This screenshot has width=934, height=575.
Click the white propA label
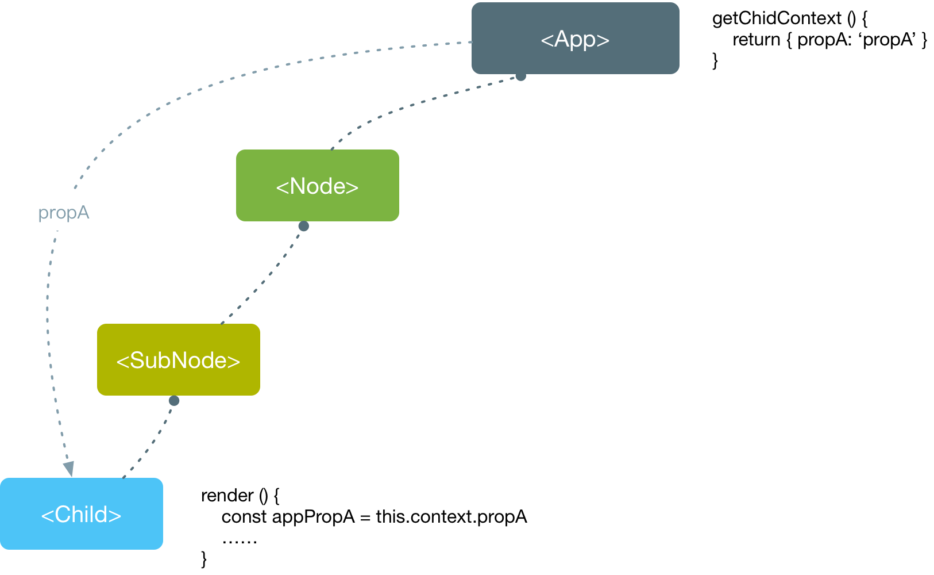[64, 212]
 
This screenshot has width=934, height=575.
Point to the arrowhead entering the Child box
[69, 469]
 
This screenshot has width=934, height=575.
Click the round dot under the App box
[520, 76]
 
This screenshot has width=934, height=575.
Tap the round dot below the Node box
[303, 226]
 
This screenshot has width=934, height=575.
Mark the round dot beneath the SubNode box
[174, 400]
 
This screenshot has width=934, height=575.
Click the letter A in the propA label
[83, 213]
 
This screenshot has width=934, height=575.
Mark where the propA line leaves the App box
[471, 42]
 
